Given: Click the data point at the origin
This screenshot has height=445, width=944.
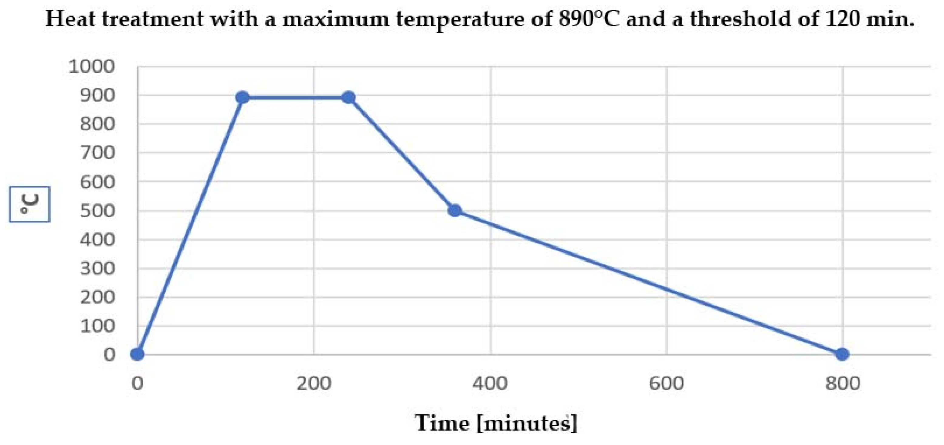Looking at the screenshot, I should (x=138, y=354).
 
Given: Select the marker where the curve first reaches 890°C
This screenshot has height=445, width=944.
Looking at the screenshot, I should (x=242, y=97).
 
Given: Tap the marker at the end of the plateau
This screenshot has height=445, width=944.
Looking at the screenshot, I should (x=348, y=97).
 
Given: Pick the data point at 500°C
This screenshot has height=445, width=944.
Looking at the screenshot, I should (x=455, y=210).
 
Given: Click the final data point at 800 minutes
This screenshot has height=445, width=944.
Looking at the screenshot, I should (x=842, y=354).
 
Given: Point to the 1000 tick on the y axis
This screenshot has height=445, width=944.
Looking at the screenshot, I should (x=92, y=67).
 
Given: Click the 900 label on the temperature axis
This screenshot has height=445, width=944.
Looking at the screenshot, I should (x=97, y=95).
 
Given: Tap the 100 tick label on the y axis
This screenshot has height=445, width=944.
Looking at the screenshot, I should (x=97, y=326).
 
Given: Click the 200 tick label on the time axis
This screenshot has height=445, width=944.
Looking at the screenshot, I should (x=314, y=383).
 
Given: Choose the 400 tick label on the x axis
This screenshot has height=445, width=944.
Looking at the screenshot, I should (x=490, y=383).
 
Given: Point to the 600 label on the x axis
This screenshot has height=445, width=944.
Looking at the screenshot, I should (x=667, y=383).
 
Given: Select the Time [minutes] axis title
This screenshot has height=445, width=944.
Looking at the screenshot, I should (x=496, y=423).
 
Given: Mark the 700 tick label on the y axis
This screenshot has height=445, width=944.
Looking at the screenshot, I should (x=97, y=153).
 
